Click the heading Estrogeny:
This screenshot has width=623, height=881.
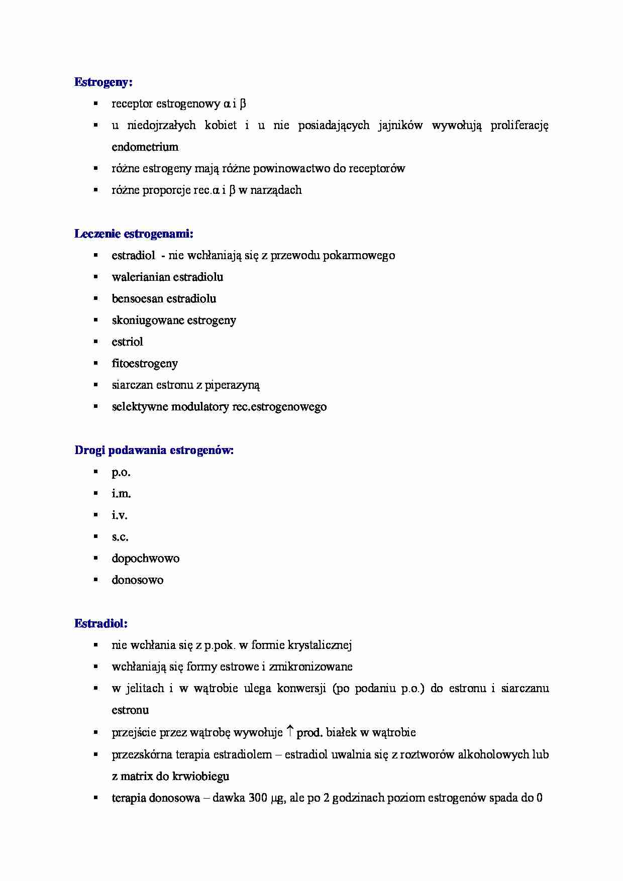pos(103,82)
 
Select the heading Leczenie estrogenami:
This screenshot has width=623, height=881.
pos(134,234)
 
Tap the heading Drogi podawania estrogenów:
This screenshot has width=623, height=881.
pos(154,450)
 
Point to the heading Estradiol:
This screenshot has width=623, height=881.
pos(101,623)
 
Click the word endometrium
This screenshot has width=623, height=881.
pos(145,147)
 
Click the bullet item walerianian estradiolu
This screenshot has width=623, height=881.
pos(167,277)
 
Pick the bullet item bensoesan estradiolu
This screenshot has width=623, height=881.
pos(164,299)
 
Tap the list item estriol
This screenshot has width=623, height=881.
pos(127,342)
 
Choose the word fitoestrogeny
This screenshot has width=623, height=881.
pos(145,364)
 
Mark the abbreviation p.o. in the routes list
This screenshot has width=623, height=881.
pos(121,472)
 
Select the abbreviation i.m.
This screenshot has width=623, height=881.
pos(121,494)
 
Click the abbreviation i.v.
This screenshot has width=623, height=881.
pos(120,515)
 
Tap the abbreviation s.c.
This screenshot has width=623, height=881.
pos(120,537)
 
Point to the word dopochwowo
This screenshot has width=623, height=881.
pos(145,559)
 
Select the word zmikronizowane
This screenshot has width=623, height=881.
pos(310,667)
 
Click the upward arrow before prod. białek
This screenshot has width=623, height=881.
pos(290,732)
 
